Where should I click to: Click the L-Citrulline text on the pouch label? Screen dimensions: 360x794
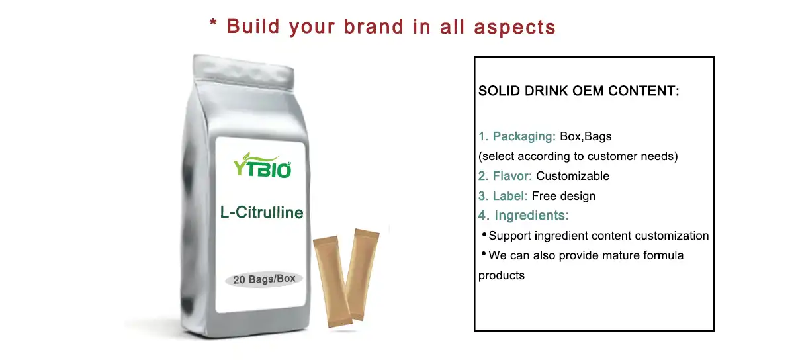click(x=262, y=212)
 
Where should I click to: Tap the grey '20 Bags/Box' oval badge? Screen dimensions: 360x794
click(x=264, y=279)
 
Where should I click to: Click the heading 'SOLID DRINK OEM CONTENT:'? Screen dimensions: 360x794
click(x=579, y=91)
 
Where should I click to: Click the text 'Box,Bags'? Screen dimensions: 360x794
click(x=586, y=137)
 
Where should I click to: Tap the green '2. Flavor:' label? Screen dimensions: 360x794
click(x=506, y=176)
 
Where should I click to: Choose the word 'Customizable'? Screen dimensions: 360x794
click(x=573, y=176)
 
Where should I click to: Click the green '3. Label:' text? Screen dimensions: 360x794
click(x=503, y=196)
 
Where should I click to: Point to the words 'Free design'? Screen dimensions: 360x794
click(x=564, y=196)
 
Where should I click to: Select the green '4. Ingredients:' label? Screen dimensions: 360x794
click(x=524, y=216)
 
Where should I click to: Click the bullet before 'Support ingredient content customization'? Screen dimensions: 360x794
click(x=484, y=234)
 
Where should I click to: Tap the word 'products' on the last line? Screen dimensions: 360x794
click(x=502, y=275)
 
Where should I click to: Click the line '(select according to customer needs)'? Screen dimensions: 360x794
click(x=578, y=157)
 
